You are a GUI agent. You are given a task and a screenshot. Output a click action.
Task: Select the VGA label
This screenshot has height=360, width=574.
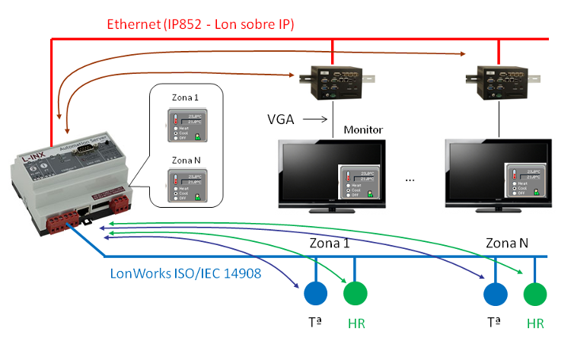pyautogui.click(x=282, y=119)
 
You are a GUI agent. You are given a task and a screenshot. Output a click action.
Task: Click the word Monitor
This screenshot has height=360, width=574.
pyautogui.click(x=363, y=130)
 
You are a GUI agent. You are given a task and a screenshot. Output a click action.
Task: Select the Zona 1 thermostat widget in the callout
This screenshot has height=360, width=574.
pyautogui.click(x=187, y=125)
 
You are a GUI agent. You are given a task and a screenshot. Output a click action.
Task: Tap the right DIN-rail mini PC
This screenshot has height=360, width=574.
pyautogui.click(x=499, y=82)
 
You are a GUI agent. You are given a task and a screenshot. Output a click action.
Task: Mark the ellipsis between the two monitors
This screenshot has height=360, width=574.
pyautogui.click(x=410, y=180)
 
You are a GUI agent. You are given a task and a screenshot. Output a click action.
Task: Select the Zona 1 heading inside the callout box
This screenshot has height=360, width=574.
pyautogui.click(x=186, y=98)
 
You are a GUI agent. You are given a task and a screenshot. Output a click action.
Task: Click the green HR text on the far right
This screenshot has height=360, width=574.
pyautogui.click(x=536, y=323)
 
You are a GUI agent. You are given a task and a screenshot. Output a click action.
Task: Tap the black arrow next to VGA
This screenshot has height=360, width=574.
pyautogui.click(x=317, y=119)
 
